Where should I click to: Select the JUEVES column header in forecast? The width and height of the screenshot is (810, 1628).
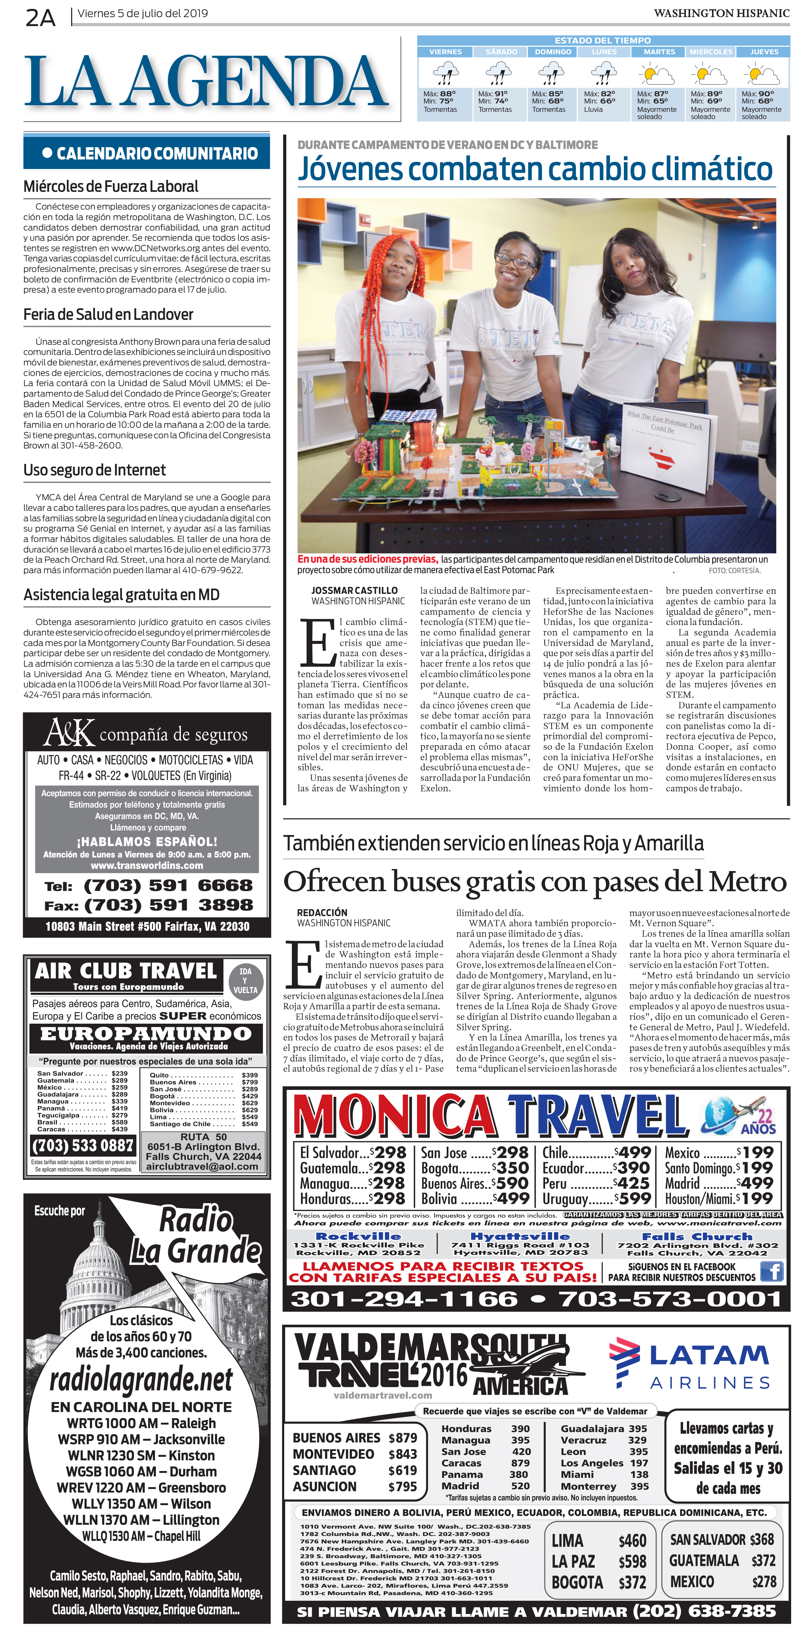coord(764,52)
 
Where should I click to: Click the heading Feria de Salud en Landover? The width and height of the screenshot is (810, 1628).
coord(108,315)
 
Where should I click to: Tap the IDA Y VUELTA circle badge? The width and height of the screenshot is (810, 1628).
coord(245,980)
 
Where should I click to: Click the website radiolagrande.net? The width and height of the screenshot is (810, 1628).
coord(141,1380)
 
